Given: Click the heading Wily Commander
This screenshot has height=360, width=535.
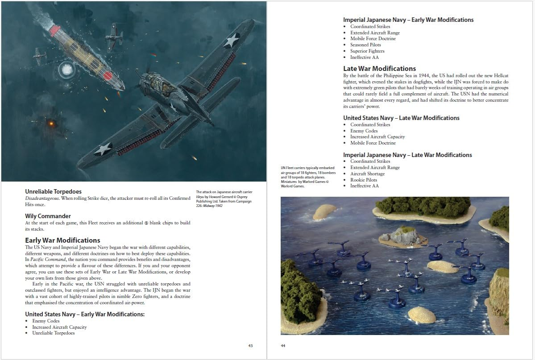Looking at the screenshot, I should point(48,216).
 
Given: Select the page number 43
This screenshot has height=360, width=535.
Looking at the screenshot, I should point(250,346).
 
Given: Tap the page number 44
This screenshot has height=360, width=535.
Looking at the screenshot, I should point(283,346).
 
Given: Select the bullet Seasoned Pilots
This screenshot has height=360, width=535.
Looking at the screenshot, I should point(365,45).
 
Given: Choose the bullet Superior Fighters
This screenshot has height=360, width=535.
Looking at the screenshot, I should point(368,51).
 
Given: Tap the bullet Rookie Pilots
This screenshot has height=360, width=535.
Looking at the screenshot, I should point(364,180).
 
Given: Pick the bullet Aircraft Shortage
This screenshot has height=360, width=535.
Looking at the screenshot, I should point(367,174).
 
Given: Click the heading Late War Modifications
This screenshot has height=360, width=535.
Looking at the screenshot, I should point(379,69).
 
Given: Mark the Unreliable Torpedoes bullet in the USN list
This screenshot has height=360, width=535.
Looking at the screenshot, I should point(53,333).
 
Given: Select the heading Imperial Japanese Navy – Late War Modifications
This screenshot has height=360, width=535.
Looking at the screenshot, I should point(407,155).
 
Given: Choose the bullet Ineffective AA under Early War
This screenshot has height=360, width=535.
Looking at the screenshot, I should point(364,58).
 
